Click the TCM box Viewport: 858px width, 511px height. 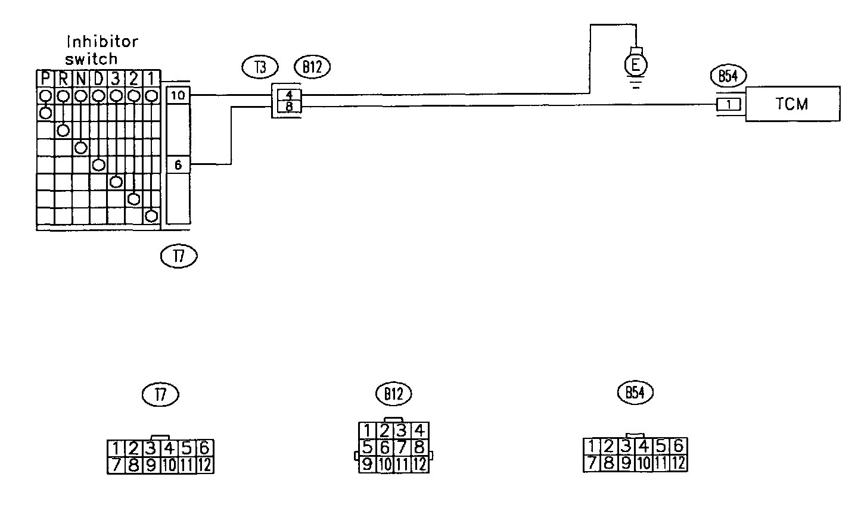point(792,104)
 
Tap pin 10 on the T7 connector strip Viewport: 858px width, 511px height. point(178,95)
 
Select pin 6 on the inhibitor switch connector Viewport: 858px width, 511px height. point(178,164)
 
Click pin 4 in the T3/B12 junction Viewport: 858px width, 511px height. point(288,94)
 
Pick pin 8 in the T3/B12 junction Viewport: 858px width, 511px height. point(288,107)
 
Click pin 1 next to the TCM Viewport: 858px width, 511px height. point(729,105)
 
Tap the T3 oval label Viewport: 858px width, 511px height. point(260,67)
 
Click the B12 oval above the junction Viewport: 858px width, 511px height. point(312,67)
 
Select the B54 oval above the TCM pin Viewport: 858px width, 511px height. point(728,76)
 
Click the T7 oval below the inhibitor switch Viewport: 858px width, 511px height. point(178,256)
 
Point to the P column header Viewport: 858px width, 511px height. point(45,79)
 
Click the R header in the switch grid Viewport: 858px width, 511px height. point(63,79)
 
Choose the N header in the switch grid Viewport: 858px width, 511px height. point(81,79)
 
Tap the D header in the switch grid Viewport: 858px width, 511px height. point(98,79)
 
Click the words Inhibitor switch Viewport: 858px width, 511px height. point(101,50)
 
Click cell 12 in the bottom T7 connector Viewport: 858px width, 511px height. point(204,465)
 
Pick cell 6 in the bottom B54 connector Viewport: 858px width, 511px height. point(678,445)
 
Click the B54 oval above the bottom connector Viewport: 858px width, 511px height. point(635,392)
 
